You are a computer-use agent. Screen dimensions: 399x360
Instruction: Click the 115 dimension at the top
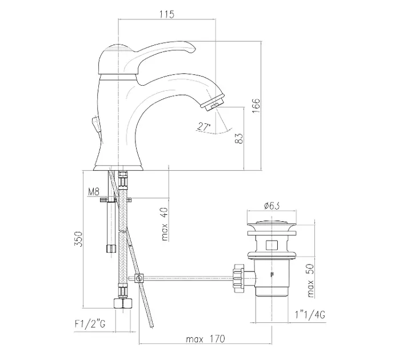coord(167,14)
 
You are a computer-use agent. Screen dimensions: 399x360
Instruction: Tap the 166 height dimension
coord(256,106)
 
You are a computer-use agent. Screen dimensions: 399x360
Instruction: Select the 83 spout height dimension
coord(239,138)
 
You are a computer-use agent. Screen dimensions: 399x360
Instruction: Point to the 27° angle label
coord(204,126)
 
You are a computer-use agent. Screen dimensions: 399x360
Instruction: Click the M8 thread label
coord(93,191)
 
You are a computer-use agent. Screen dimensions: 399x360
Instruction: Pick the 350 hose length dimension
coord(78,239)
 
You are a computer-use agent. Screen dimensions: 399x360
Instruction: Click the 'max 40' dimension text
coord(165,224)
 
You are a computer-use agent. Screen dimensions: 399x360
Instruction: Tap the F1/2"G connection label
coord(90,324)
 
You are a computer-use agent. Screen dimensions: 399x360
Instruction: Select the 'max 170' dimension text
coord(206,339)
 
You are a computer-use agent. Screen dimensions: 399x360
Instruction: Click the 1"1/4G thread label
coord(310,315)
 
